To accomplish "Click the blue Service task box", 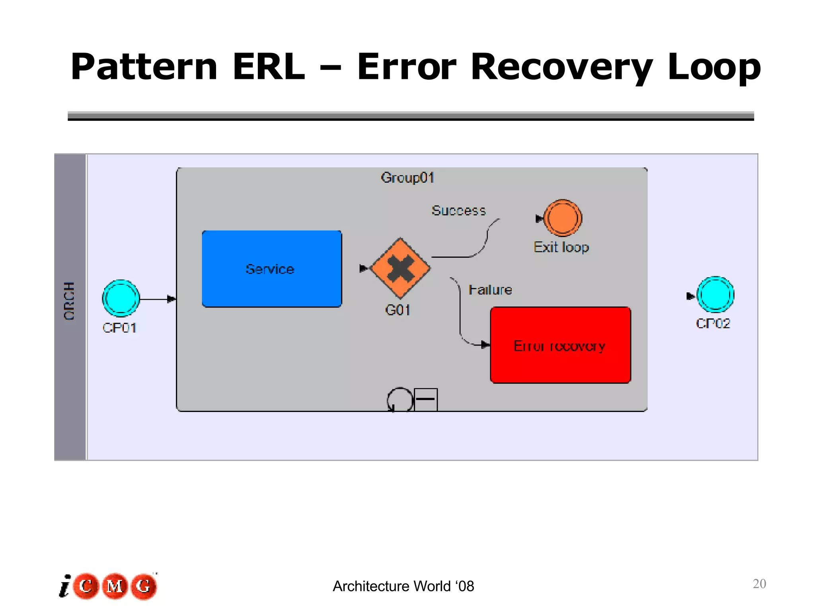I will pos(272,269).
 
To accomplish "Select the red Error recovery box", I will pos(560,345).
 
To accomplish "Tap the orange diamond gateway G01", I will pos(400,268).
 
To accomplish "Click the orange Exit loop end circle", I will pos(563,218).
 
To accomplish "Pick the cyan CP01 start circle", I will pos(121,298).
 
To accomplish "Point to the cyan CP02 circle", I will pos(715,295).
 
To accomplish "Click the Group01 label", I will pos(407,178).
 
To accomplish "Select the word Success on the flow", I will pos(458,210).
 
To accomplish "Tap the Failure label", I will pos(490,290).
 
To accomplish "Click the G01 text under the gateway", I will pos(398,310).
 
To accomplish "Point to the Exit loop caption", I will pos(561,247).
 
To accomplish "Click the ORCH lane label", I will pos(70,301).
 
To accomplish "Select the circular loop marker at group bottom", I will pos(400,400).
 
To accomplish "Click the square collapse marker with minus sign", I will pos(426,400).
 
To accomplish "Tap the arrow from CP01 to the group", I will pos(158,299).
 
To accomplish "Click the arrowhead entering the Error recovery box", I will pos(485,345).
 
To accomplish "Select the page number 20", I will pos(759,584).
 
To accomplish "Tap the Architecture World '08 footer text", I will pos(403,586).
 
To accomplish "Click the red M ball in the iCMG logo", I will pos(115,586).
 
